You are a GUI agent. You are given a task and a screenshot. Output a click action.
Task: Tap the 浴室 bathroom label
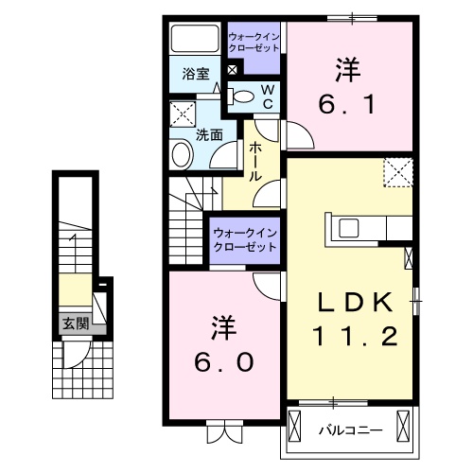point(196,73)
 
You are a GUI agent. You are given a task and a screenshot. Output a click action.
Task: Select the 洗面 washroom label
point(209,134)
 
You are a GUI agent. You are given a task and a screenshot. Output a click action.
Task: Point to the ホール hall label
point(255,162)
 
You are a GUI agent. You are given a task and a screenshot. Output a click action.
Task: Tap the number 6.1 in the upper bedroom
point(349,101)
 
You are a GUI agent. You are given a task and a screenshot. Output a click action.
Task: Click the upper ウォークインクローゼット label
point(254,43)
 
